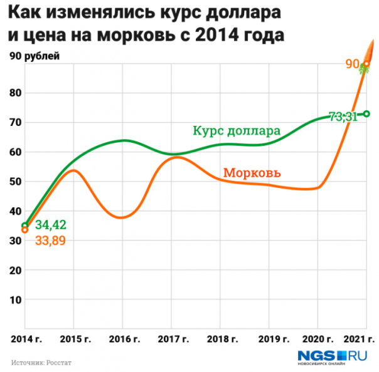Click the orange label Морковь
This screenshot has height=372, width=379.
point(252,173)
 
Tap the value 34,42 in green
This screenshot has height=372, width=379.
point(51,224)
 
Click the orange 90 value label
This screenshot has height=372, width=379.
point(352,63)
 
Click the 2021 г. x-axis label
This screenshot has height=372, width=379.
point(358,339)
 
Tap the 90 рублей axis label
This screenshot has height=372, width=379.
point(34,56)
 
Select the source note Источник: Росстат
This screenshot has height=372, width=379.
point(40,362)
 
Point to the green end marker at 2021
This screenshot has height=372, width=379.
point(367,113)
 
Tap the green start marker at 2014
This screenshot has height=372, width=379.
point(25,225)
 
